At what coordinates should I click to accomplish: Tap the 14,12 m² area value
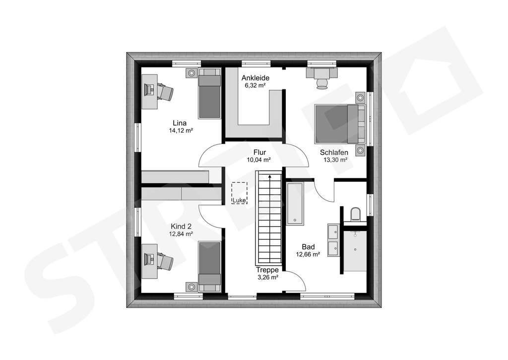(x=181, y=131)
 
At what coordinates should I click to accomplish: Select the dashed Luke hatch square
(x=239, y=192)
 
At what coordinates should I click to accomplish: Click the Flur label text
(x=259, y=152)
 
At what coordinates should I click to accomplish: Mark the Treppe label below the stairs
(x=267, y=270)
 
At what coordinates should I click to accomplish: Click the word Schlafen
(x=334, y=152)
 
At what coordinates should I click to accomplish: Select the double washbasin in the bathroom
(x=332, y=238)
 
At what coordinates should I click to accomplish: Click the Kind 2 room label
(x=181, y=226)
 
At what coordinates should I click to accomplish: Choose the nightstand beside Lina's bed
(x=191, y=73)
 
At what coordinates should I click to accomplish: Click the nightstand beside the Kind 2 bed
(x=191, y=287)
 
